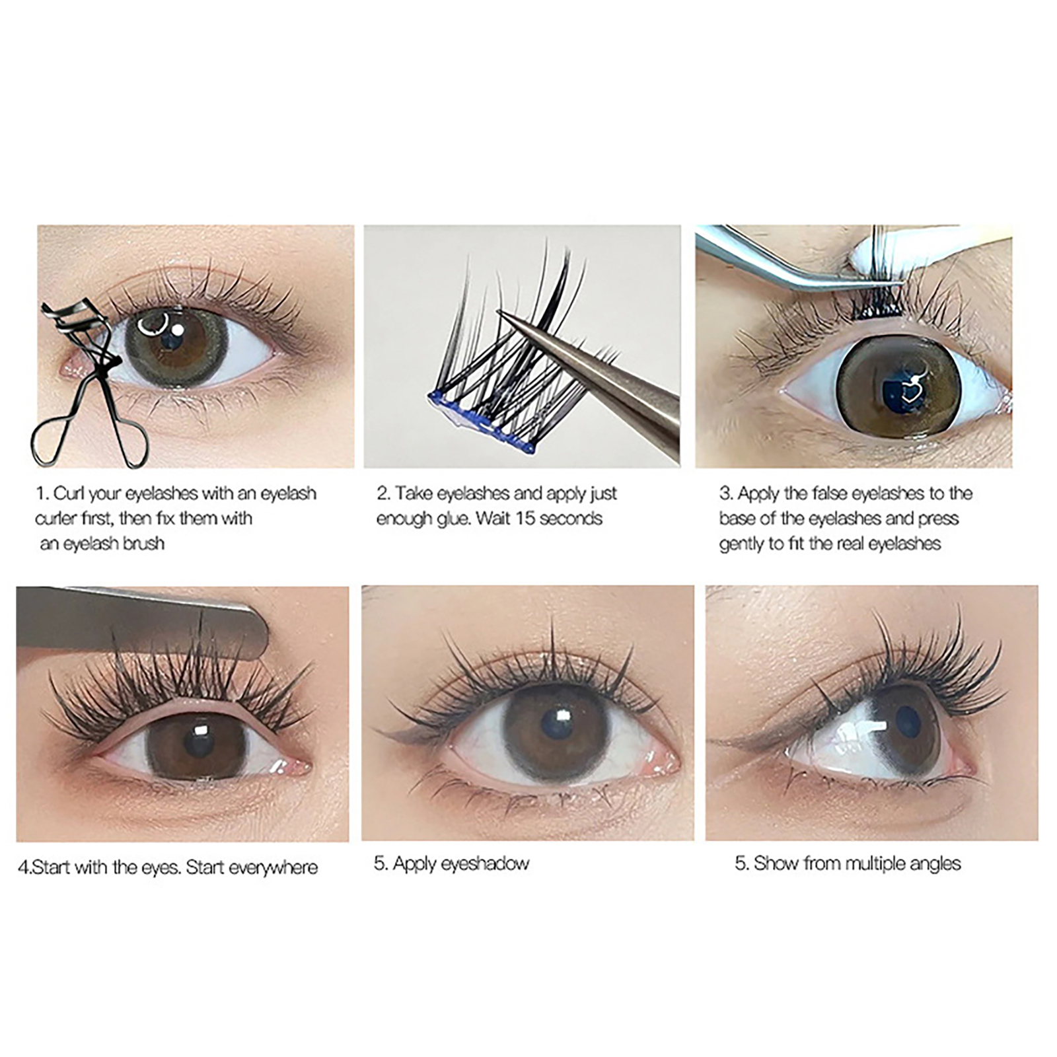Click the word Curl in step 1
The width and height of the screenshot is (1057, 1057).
point(69,493)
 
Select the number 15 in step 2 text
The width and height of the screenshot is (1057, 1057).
point(525,519)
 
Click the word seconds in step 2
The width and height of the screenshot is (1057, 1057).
point(571,519)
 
